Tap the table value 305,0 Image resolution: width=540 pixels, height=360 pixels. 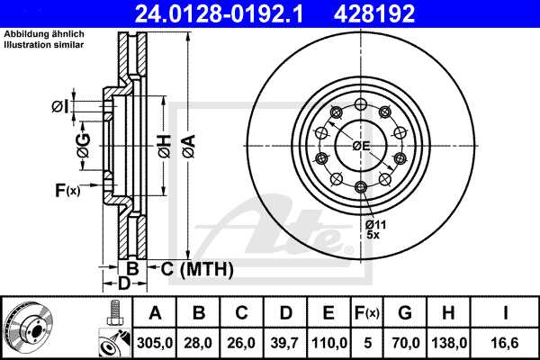[x=155, y=341]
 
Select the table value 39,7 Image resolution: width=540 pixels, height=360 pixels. [x=284, y=341]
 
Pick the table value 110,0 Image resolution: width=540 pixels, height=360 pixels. [x=328, y=341]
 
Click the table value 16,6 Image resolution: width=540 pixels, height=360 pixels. [x=506, y=341]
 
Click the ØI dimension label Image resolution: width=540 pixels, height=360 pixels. [x=59, y=106]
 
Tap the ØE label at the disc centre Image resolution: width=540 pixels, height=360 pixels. [x=362, y=146]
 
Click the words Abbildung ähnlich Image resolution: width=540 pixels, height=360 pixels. [x=36, y=34]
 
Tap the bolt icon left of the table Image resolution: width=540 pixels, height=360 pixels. [x=114, y=313]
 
